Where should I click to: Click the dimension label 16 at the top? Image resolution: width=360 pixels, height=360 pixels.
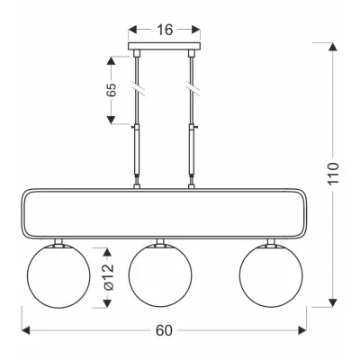point(165,30)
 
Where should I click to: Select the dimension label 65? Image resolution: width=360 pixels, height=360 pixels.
point(112,90)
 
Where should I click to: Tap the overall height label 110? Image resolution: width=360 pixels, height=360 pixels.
point(333,174)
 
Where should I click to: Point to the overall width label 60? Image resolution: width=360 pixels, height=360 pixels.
point(164,330)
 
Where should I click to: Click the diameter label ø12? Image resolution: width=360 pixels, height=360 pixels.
point(109,277)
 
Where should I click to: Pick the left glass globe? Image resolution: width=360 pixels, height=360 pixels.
point(58,276)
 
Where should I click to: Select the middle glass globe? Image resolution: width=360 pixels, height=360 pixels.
point(160,275)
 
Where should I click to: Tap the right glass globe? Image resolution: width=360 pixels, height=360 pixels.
point(271,275)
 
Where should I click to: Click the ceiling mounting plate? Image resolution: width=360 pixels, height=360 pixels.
point(164,46)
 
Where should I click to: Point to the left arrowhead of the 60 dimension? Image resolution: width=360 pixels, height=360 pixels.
point(26,330)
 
